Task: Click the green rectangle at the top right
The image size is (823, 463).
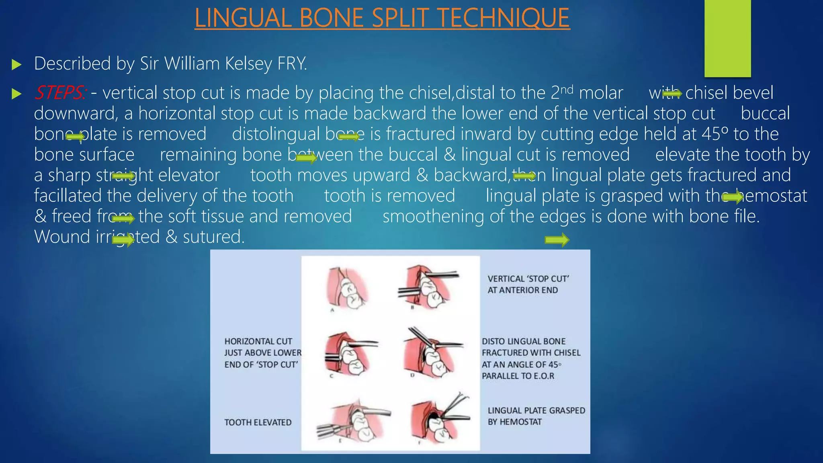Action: click(727, 38)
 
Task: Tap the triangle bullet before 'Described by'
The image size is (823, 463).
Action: click(16, 64)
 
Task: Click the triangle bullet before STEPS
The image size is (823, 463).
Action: click(16, 94)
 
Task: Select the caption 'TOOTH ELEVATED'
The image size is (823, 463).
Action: click(258, 422)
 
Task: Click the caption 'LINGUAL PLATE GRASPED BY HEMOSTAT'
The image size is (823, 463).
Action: click(536, 416)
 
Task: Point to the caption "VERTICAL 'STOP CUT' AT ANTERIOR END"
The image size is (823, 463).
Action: click(528, 284)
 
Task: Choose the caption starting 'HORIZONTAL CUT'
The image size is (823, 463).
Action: click(262, 352)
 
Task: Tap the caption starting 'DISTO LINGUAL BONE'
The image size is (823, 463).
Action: click(530, 358)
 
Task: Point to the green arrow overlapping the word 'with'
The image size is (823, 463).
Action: click(672, 94)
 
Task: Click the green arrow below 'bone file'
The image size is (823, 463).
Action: click(557, 240)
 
